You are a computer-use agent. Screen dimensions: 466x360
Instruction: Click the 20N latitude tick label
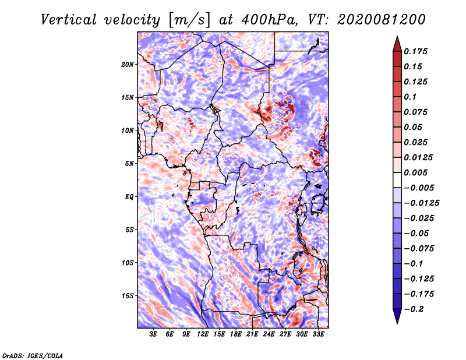coord(128,65)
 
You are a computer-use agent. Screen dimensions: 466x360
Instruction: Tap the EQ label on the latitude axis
coord(129,197)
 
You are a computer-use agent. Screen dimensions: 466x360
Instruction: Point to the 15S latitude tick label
coord(128,296)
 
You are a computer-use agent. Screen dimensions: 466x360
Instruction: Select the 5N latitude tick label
coord(129,164)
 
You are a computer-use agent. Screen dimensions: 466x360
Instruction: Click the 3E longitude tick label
coord(153,334)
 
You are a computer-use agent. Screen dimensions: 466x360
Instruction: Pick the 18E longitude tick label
coord(236,334)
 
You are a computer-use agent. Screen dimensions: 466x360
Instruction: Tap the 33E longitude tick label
coord(318,334)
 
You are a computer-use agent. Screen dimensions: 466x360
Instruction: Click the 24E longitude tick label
coord(269,334)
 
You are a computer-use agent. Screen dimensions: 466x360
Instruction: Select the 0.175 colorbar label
coord(416,51)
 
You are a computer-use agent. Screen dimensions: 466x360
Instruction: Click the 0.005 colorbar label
coord(416,172)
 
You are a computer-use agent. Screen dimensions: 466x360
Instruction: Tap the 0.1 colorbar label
coord(411,97)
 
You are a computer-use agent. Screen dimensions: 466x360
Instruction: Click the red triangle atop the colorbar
coord(397,44)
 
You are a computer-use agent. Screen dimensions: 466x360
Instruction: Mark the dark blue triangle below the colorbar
coord(397,316)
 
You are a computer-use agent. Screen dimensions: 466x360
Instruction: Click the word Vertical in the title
coord(69,20)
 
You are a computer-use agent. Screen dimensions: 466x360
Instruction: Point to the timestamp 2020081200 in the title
coord(382,20)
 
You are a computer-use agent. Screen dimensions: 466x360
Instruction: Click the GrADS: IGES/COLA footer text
coord(33,356)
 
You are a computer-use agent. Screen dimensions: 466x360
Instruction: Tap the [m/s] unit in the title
coord(189,20)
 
